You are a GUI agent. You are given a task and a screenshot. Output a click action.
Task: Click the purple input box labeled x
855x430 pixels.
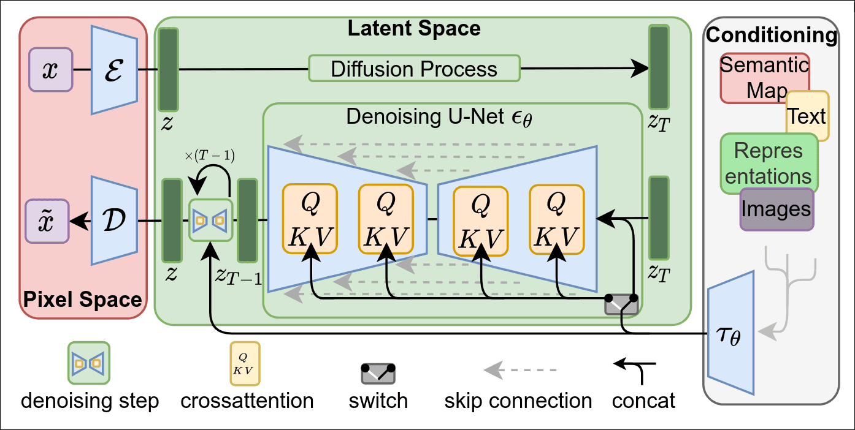pos(50,70)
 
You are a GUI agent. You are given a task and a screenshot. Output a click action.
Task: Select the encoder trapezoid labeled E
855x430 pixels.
pos(114,70)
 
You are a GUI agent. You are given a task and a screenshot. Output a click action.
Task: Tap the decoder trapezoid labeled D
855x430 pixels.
pos(114,221)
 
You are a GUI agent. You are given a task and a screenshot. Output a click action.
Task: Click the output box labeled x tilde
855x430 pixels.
pos(47,220)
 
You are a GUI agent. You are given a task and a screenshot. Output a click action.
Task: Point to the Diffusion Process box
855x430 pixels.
pos(414,69)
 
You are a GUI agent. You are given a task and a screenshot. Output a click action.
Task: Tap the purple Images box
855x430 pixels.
pos(776,209)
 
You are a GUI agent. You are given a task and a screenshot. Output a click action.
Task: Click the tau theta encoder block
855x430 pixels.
pos(731,334)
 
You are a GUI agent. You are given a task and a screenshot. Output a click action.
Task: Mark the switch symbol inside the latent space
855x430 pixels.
pos(621,304)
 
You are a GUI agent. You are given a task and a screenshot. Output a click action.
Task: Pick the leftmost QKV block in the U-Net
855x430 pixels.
pos(310,219)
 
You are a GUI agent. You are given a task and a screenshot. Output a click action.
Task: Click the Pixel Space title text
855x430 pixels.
pos(82,300)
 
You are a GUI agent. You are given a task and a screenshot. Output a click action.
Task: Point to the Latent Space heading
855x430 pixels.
pos(414,28)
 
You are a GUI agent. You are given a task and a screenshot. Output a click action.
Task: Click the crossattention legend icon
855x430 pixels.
pos(244,364)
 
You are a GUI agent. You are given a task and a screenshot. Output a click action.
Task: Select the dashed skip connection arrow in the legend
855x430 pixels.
pos(520,370)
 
